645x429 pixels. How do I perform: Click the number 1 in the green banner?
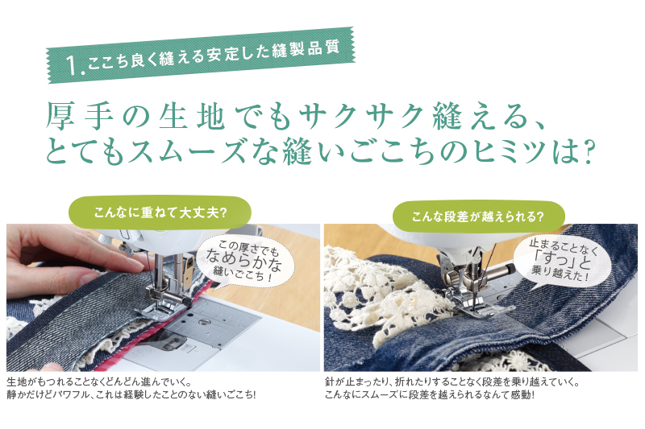[73, 66]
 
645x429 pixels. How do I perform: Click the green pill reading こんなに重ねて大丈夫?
[160, 212]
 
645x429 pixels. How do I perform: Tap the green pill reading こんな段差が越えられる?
[478, 217]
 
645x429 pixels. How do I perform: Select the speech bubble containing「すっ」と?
[562, 262]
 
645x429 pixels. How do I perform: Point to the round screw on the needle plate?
[202, 321]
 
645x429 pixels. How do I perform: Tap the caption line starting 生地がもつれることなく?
[99, 382]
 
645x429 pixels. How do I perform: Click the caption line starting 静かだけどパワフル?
[131, 395]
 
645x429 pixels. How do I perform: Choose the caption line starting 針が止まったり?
[452, 382]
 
